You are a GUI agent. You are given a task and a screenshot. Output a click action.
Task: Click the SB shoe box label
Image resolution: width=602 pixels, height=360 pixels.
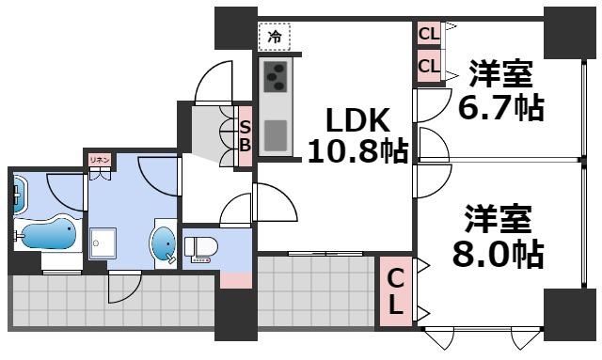tap(245, 135)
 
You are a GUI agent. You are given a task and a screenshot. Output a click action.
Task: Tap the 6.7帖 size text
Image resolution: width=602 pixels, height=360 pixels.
tap(499, 106)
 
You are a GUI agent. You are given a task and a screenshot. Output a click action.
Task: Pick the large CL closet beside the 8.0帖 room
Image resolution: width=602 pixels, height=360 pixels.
tap(396, 291)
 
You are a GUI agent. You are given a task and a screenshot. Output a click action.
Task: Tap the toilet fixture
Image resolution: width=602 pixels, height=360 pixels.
tap(200, 248)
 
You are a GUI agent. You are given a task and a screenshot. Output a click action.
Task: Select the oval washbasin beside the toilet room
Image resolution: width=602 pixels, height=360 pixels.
tap(164, 243)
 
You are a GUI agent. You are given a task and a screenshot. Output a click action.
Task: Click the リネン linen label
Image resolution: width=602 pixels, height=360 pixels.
tap(100, 160)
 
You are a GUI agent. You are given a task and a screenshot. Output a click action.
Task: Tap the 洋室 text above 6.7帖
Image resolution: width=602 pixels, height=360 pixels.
tap(499, 73)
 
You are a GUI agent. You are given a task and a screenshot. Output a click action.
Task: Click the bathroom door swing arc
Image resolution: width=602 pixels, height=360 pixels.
tap(68, 188)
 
